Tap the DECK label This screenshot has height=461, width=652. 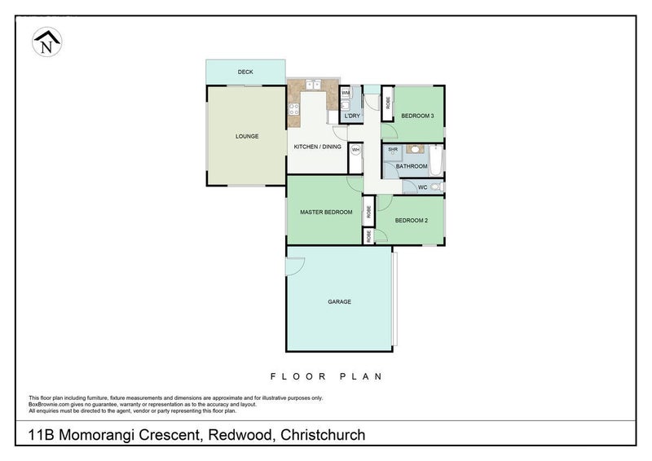(x=244, y=72)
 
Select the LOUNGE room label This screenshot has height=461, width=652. (x=247, y=136)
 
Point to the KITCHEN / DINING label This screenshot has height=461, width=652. (x=318, y=147)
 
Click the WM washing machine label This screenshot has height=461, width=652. (x=346, y=94)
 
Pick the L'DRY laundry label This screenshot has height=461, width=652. (x=352, y=116)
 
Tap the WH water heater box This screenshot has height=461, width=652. (x=355, y=151)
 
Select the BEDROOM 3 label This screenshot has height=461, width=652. (x=416, y=116)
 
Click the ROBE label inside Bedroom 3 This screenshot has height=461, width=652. (x=388, y=103)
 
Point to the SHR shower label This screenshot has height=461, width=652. (x=392, y=150)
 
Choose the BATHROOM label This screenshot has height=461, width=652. (x=412, y=166)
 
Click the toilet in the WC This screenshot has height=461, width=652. (x=436, y=187)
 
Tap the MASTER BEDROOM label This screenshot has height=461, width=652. (x=325, y=213)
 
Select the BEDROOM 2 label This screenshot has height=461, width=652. (x=412, y=220)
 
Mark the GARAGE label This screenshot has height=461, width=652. (x=339, y=301)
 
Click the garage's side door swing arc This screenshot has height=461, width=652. (x=295, y=264)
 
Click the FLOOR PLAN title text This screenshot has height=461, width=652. (x=326, y=376)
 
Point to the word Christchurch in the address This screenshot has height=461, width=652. (x=323, y=436)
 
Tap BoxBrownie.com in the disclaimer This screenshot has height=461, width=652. (x=51, y=404)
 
